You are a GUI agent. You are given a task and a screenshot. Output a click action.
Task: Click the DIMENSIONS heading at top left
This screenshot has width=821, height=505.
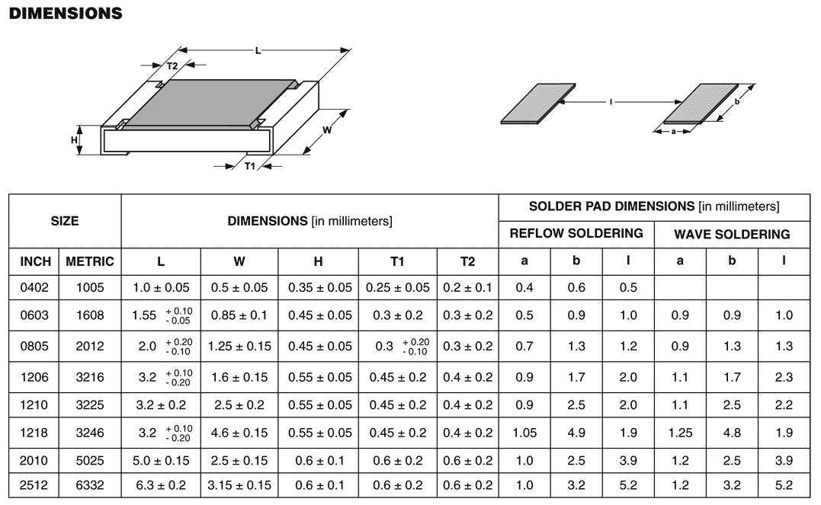click(x=66, y=13)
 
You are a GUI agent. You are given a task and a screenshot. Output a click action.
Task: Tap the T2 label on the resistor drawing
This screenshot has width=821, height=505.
click(x=172, y=66)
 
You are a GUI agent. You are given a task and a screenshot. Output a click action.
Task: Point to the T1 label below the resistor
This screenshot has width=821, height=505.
click(x=250, y=166)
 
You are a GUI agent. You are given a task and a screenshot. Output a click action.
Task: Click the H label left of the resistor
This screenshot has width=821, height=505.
click(x=75, y=139)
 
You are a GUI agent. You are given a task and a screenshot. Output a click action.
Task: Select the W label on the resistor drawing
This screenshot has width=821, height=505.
click(x=327, y=129)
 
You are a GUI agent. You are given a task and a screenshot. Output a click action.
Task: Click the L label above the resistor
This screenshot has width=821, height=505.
click(x=258, y=51)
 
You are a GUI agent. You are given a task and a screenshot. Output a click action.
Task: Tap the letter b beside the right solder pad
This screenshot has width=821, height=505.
click(x=737, y=101)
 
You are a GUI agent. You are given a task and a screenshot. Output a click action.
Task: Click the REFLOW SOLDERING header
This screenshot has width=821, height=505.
click(x=576, y=233)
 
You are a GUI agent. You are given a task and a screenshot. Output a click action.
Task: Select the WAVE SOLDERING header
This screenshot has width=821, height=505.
click(x=732, y=235)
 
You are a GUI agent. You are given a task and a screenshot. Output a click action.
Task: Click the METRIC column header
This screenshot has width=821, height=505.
click(x=89, y=262)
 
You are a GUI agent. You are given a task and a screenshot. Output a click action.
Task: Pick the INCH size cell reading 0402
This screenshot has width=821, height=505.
click(x=34, y=287)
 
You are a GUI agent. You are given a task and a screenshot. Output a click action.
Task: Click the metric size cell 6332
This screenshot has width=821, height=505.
click(x=89, y=485)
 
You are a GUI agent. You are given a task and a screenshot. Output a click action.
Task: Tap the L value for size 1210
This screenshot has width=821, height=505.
click(x=161, y=405)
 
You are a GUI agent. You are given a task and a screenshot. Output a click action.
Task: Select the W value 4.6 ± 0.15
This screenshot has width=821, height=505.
click(x=239, y=433)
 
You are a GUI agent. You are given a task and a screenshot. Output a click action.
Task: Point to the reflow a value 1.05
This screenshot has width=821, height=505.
click(x=524, y=433)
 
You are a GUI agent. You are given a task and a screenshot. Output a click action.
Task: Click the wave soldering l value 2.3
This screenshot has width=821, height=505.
click(x=784, y=377)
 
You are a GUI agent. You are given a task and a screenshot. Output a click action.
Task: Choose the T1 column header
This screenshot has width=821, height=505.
click(x=397, y=262)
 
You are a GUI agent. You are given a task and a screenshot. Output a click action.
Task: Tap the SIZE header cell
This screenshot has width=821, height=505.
click(x=65, y=221)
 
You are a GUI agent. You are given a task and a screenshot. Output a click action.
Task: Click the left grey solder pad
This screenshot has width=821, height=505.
click(x=537, y=104)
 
